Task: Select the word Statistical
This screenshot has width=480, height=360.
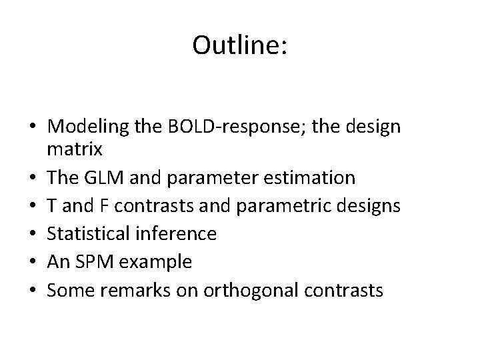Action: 86,234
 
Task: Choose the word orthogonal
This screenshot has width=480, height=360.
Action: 247,290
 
